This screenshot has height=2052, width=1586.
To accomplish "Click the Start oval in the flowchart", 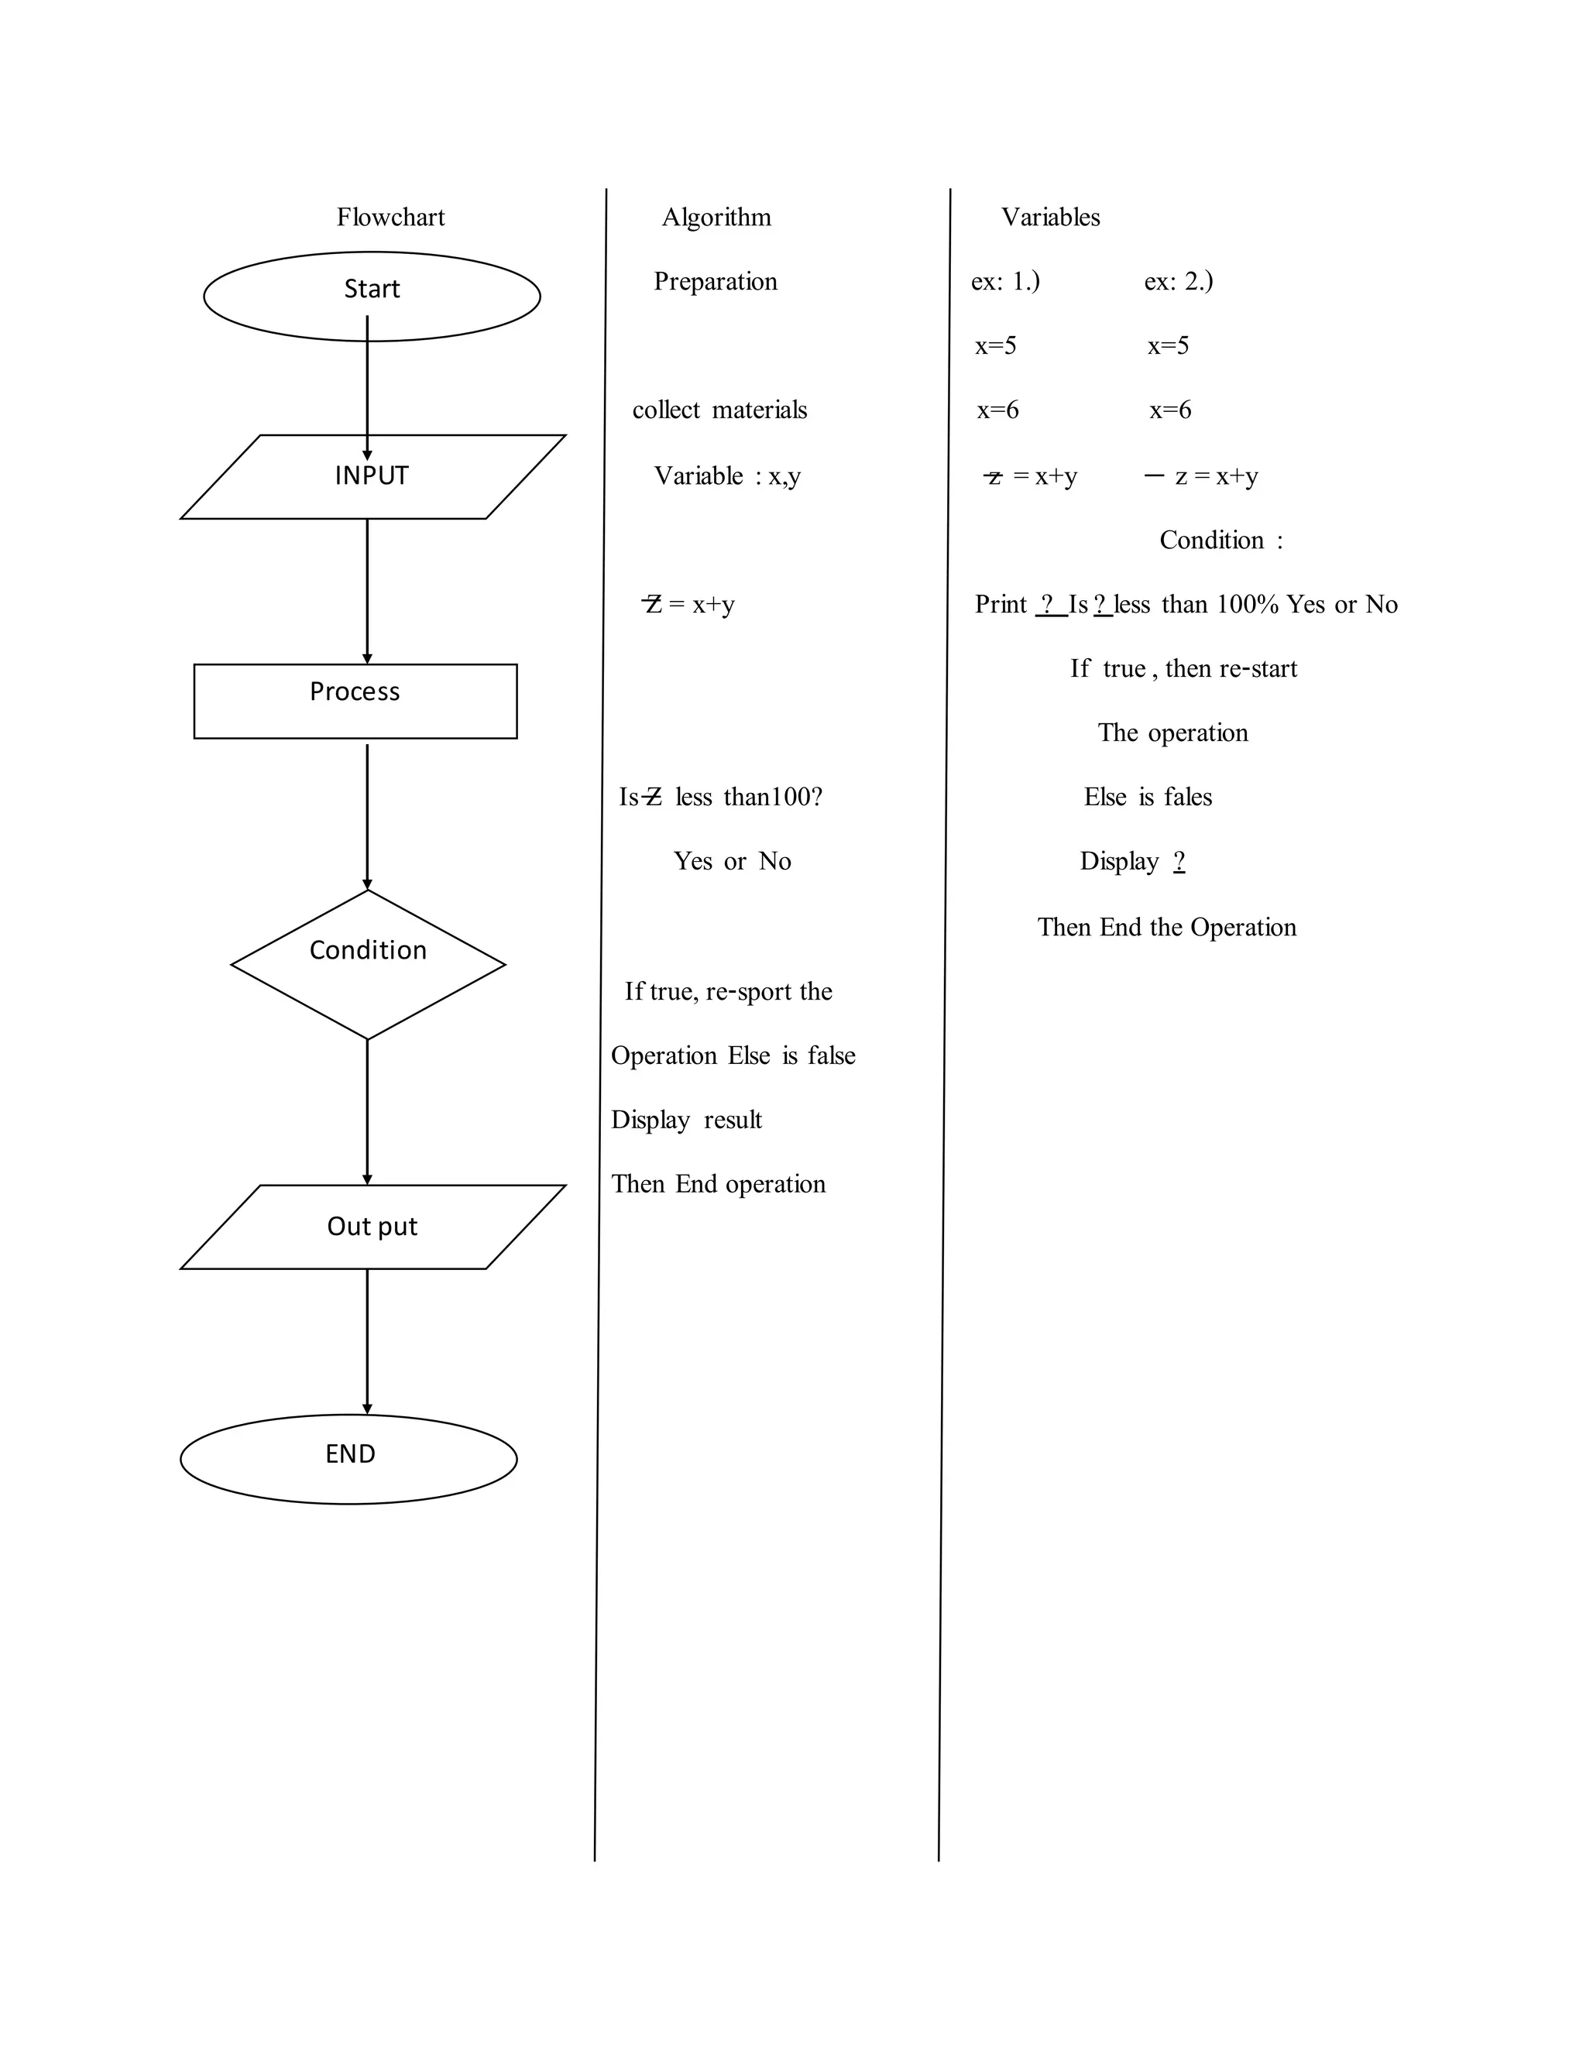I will point(372,295).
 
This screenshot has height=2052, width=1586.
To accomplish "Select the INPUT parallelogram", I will point(372,477).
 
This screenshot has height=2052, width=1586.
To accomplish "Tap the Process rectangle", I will point(355,701).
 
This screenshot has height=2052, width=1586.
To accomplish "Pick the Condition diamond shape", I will point(369,963).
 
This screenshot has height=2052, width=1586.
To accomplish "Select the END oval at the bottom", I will point(348,1458).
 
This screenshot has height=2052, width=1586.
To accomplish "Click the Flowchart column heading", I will point(390,217).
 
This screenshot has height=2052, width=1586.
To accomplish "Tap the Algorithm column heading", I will point(716,217).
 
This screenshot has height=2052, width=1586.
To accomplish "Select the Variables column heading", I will point(1049,217).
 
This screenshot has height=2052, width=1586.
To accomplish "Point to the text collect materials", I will point(719,410).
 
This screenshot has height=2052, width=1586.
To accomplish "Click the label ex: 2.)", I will point(1177,281).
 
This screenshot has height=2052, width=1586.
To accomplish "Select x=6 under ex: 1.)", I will point(997,410).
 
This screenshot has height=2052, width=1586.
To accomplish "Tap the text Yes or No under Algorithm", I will point(732,860).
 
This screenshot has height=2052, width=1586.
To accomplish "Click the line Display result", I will point(686,1119).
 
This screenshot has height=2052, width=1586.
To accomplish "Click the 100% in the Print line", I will point(1247,604).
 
